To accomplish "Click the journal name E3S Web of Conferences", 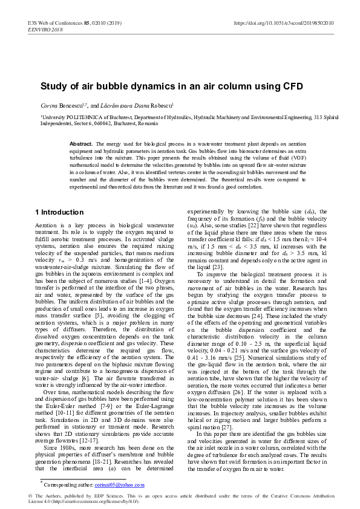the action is [x=53, y=23].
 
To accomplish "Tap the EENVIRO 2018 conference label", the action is [x=45, y=29].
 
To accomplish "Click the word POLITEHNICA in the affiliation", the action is [x=77, y=118].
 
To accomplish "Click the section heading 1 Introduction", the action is [x=59, y=212].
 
